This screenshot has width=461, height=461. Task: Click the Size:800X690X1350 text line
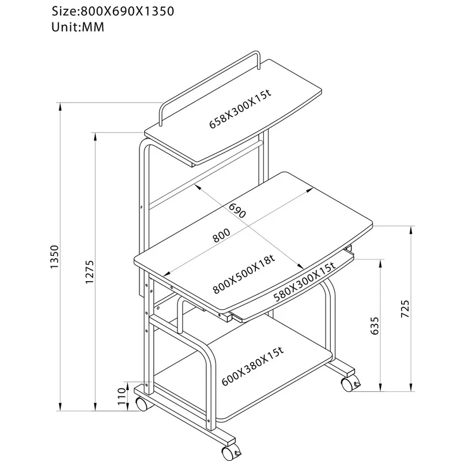pyautogui.click(x=113, y=12)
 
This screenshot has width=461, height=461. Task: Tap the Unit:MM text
pyautogui.click(x=78, y=27)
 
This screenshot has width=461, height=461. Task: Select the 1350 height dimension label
pyautogui.click(x=55, y=256)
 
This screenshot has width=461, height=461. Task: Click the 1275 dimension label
pyautogui.click(x=89, y=271)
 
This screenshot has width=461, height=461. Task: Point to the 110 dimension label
pyautogui.click(x=122, y=396)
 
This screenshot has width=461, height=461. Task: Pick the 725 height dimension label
pyautogui.click(x=405, y=309)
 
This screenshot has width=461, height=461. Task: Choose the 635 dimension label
pyautogui.click(x=375, y=326)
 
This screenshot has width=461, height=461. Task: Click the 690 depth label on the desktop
pyautogui.click(x=237, y=210)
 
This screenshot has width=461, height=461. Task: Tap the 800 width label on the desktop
pyautogui.click(x=221, y=235)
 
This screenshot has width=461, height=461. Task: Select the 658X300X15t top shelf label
pyautogui.click(x=240, y=109)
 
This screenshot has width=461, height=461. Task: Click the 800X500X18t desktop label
pyautogui.click(x=244, y=274)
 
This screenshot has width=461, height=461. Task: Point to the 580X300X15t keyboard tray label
pyautogui.click(x=305, y=282)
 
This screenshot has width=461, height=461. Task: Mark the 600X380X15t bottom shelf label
pyautogui.click(x=252, y=366)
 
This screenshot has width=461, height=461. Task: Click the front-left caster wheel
pyautogui.click(x=142, y=403)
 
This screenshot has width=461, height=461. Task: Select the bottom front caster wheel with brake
pyautogui.click(x=230, y=453)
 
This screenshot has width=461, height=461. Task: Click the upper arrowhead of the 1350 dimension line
pyautogui.click(x=61, y=106)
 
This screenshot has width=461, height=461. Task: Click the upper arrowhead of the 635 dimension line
pyautogui.click(x=380, y=263)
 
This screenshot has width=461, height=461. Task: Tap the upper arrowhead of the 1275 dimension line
pyautogui.click(x=95, y=137)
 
